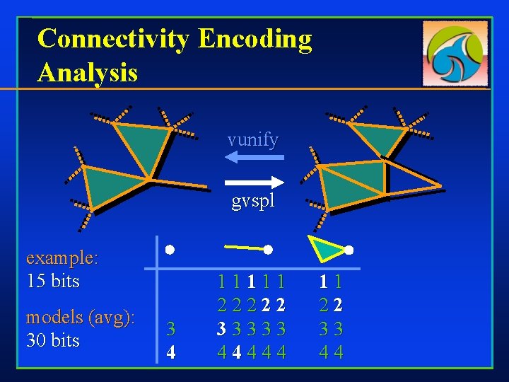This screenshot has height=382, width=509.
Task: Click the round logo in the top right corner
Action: coord(456,52)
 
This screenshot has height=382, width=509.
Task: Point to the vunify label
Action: coord(252,139)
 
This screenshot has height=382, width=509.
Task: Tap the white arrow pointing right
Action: coord(253,180)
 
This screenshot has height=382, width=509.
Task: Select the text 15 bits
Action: coord(52,281)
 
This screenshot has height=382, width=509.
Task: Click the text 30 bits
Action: coord(52,340)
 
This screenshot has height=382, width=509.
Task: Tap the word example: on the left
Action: coord(62,258)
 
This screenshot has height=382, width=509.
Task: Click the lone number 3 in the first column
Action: coord(170,329)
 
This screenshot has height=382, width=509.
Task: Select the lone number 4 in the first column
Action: coord(170,352)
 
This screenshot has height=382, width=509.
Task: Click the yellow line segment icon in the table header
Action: coord(243,248)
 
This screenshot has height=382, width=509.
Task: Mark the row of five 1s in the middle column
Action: coord(252,282)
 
